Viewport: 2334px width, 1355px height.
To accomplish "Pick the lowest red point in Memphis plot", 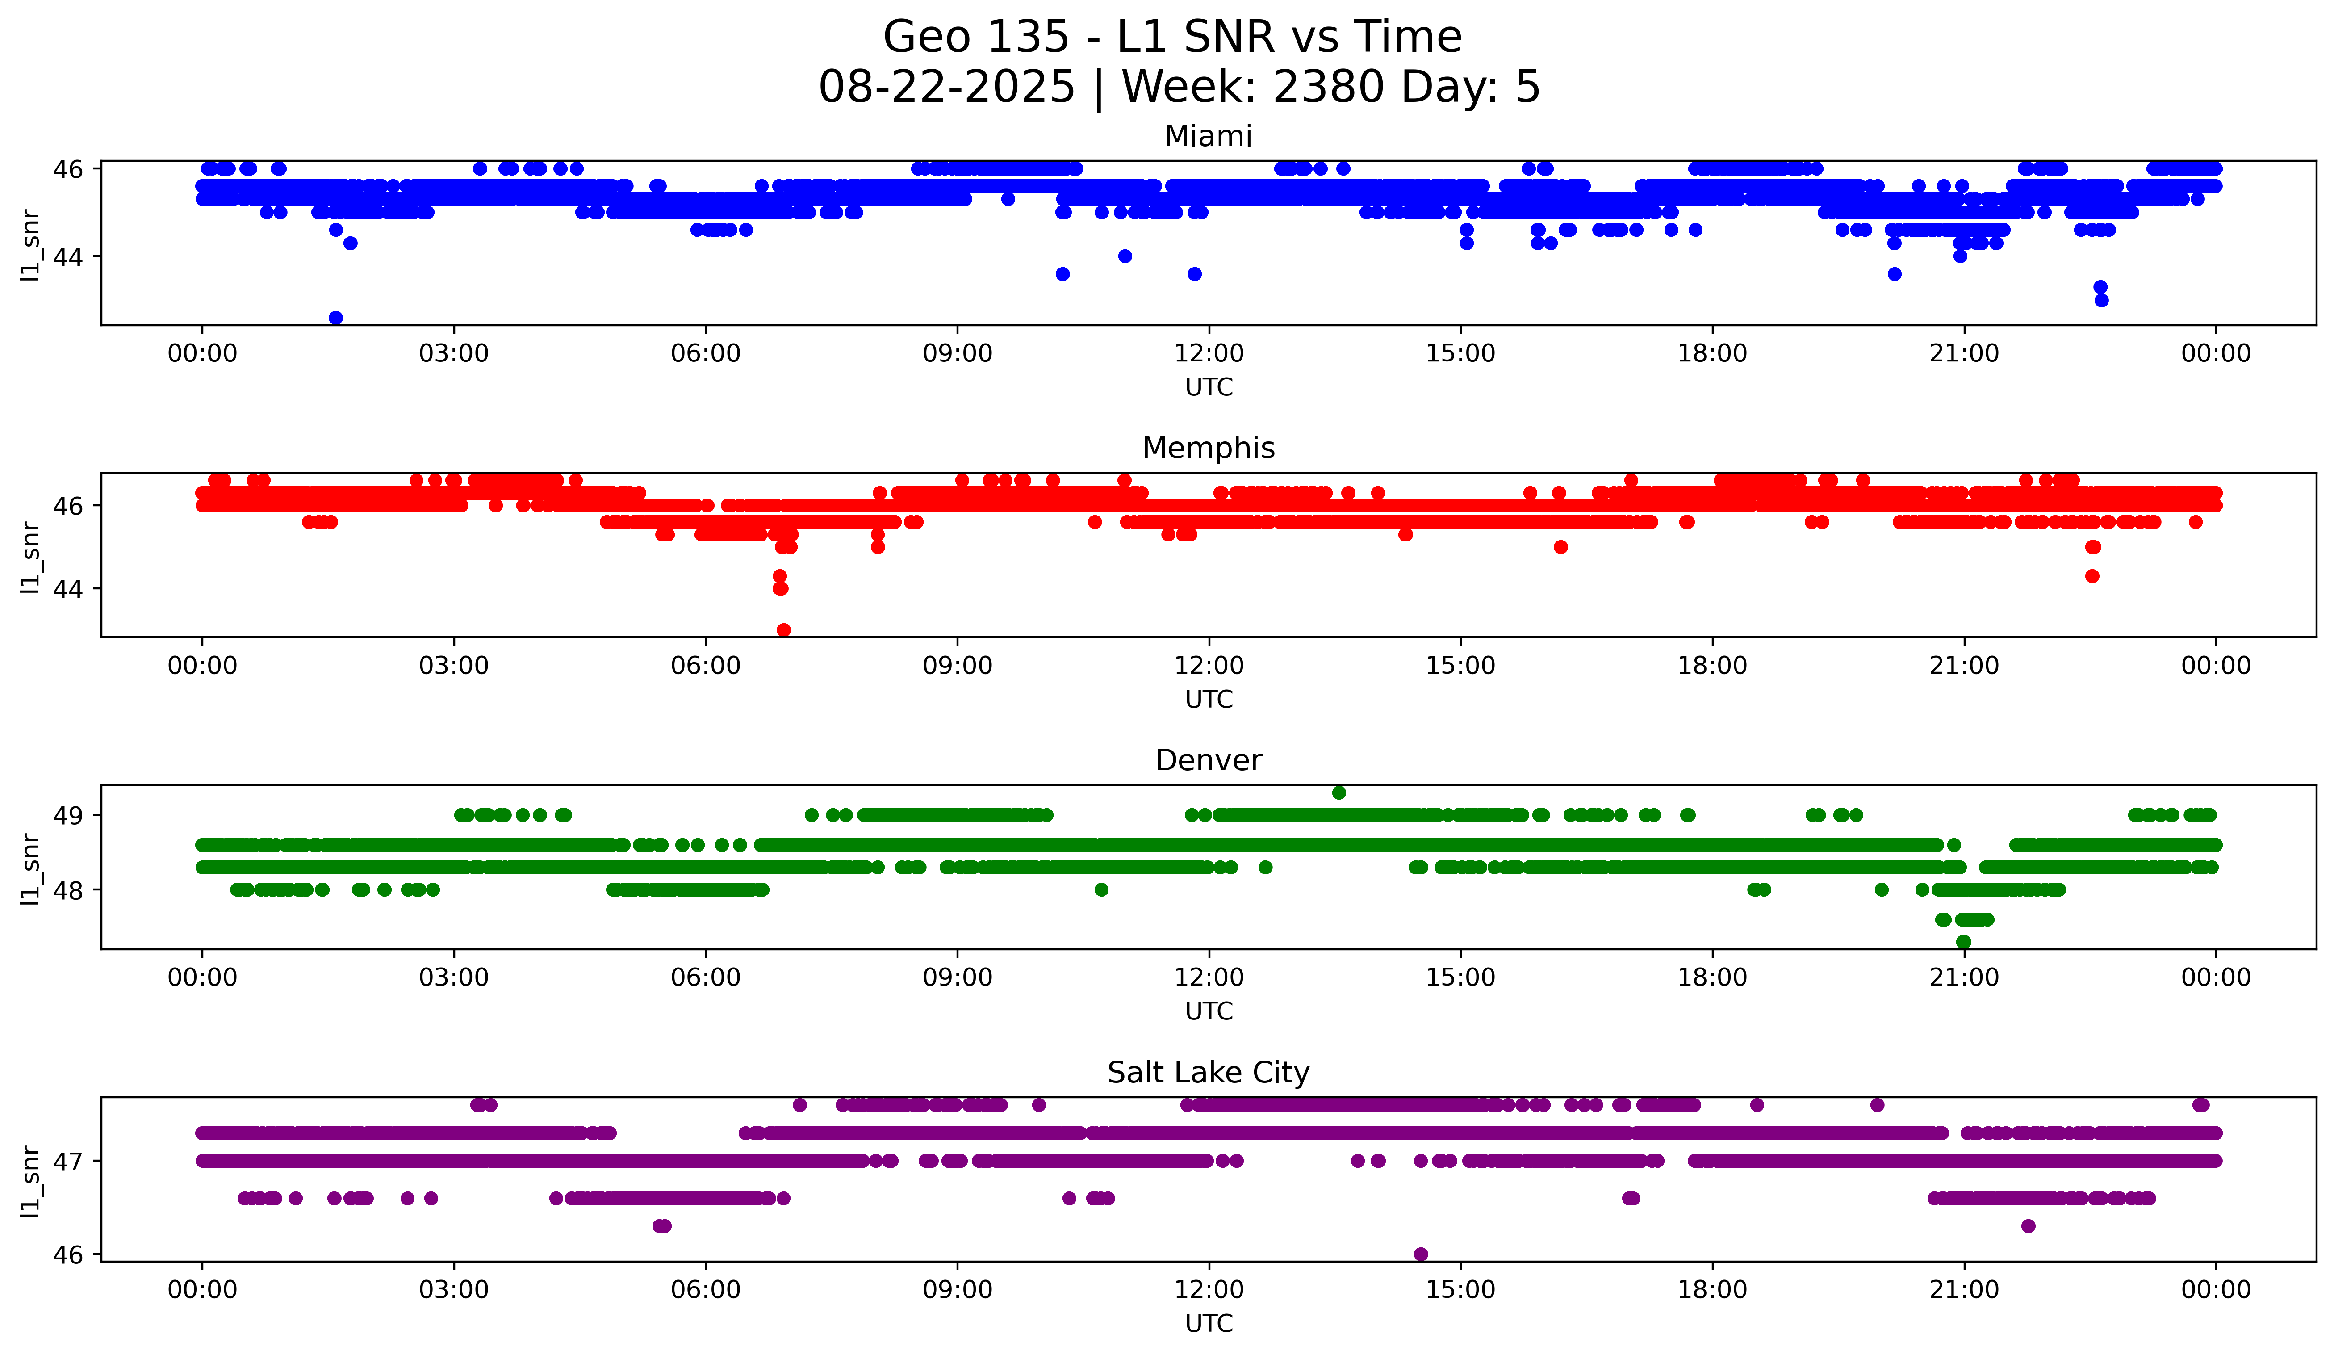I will point(783,630).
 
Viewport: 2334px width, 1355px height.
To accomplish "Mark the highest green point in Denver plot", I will point(1338,793).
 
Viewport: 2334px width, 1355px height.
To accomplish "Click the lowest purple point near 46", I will point(1421,1254).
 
